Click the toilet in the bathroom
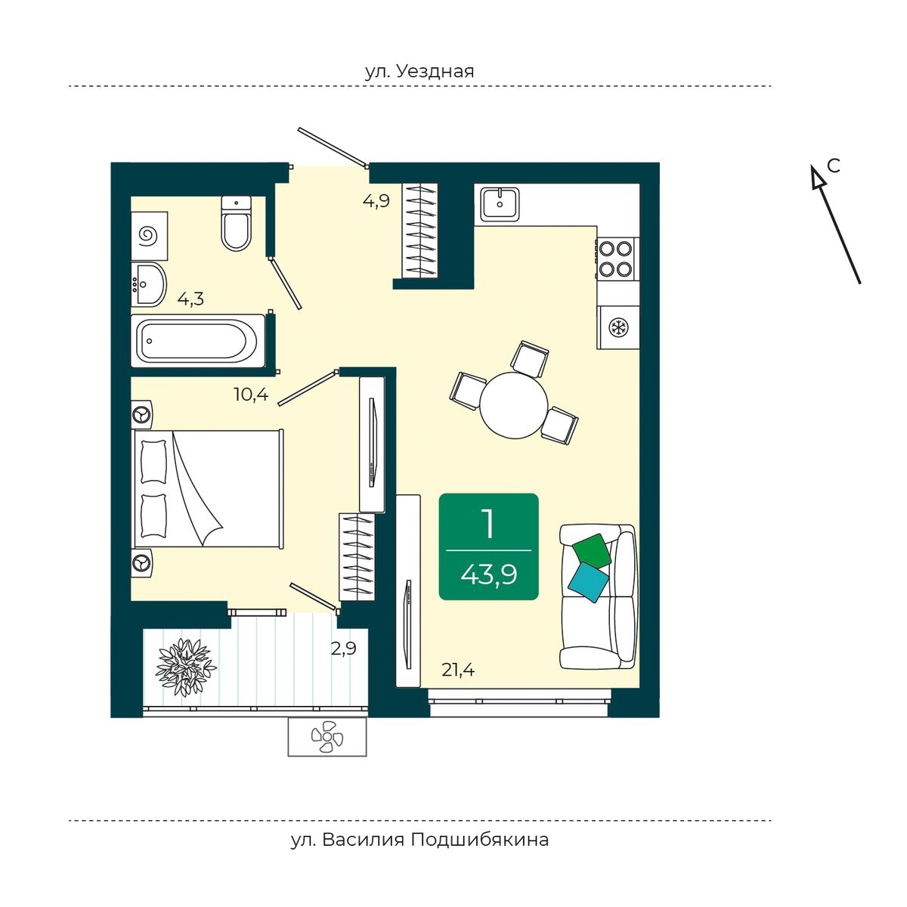[x=237, y=223]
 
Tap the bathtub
[x=198, y=340]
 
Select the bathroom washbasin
[x=148, y=285]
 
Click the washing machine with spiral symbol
[x=149, y=235]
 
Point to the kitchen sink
[x=500, y=204]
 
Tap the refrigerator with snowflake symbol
[x=618, y=327]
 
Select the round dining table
[x=514, y=405]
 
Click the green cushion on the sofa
[x=591, y=550]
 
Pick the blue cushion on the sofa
[x=588, y=582]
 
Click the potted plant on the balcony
[x=186, y=667]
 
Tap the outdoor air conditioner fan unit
[x=327, y=737]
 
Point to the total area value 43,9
[x=488, y=574]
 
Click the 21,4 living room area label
[x=458, y=670]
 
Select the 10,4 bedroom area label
[x=252, y=394]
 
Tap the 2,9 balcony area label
[x=344, y=649]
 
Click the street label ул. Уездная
[x=419, y=72]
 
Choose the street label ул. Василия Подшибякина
[x=419, y=840]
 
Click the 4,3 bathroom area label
[x=190, y=299]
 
